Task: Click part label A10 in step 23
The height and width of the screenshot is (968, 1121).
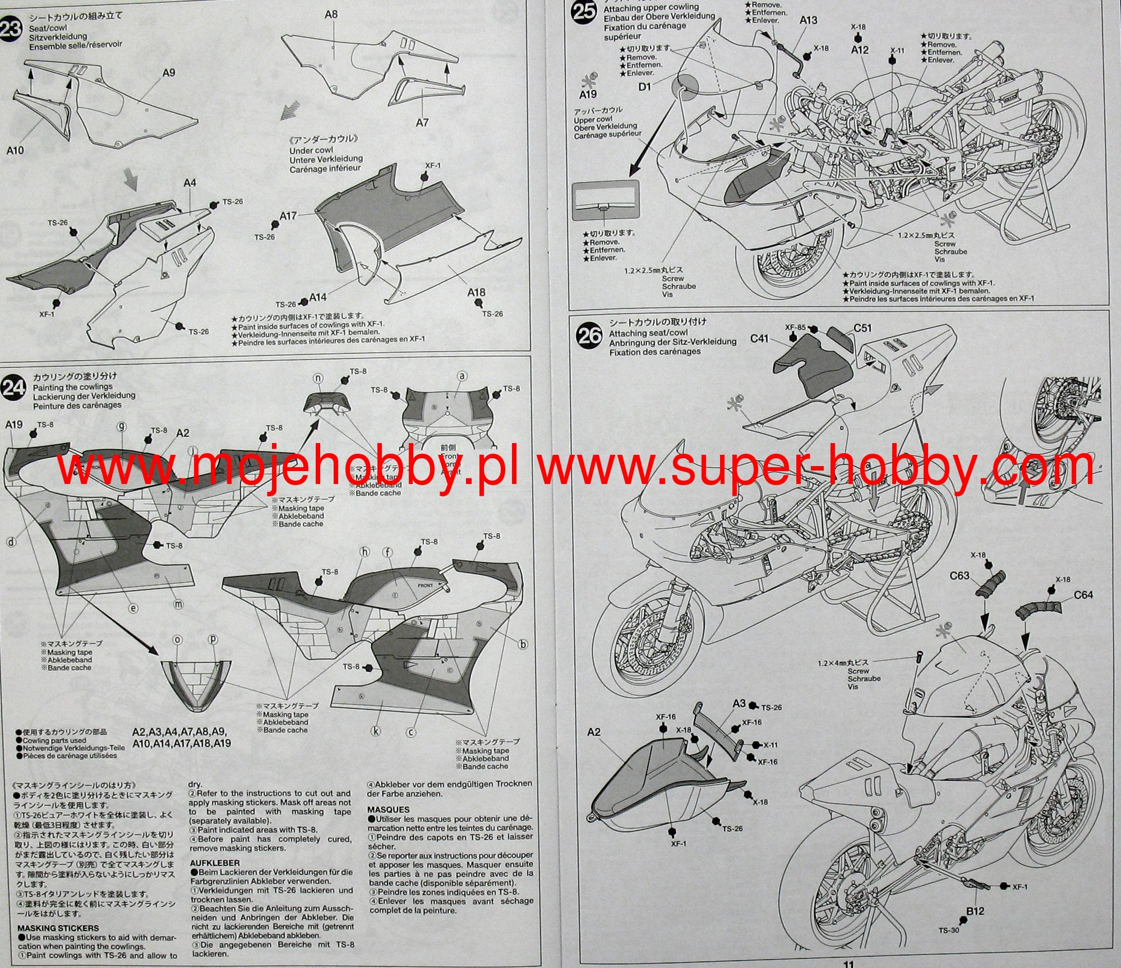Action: pyautogui.click(x=16, y=150)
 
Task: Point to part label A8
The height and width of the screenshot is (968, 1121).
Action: pyautogui.click(x=331, y=14)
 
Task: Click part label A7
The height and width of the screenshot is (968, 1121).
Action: pyautogui.click(x=422, y=121)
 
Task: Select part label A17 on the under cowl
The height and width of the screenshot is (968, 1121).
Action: pyautogui.click(x=289, y=216)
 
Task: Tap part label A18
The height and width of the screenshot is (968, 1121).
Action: pyautogui.click(x=477, y=292)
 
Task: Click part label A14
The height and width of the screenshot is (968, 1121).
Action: pyautogui.click(x=318, y=297)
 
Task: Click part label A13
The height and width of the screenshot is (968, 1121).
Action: pyautogui.click(x=808, y=20)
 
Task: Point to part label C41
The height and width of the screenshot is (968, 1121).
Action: pyautogui.click(x=760, y=339)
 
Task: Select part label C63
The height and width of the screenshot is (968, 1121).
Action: pyautogui.click(x=960, y=575)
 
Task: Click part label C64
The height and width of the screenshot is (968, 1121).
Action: pyautogui.click(x=1083, y=594)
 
